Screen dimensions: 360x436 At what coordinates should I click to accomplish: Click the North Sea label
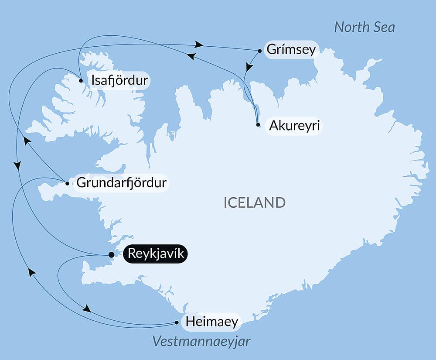click(364, 27)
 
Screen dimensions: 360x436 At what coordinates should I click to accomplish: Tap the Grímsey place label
click(290, 50)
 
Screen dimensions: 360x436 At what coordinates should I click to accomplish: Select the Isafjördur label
click(118, 81)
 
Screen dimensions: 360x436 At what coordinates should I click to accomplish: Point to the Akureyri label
click(295, 126)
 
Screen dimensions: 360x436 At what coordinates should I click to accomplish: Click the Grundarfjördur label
click(121, 183)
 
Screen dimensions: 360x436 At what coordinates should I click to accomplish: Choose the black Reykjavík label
click(155, 254)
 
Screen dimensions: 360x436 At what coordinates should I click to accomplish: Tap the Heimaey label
click(212, 322)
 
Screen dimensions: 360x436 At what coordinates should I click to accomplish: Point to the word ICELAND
click(255, 202)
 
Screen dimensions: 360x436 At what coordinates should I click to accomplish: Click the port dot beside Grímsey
click(260, 51)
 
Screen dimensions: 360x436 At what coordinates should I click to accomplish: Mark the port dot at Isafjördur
click(81, 81)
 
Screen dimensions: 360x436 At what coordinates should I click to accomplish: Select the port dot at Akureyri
click(258, 125)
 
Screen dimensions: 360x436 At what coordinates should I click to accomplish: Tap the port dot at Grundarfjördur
click(67, 183)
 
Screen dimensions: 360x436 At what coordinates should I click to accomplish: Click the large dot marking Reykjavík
click(111, 254)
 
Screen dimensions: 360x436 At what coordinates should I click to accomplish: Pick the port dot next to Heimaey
click(177, 323)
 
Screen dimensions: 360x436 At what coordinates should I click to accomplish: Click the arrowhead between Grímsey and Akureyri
click(249, 68)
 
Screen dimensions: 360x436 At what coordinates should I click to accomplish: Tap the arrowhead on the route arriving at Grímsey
click(199, 44)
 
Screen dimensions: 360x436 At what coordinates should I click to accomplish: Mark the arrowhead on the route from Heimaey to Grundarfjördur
click(31, 272)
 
